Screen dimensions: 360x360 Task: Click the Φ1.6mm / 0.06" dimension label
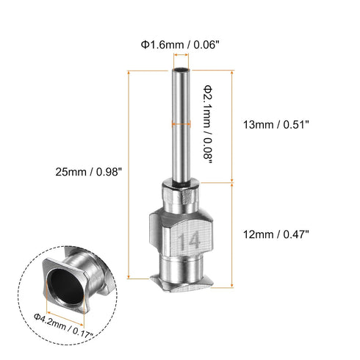(x=179, y=43)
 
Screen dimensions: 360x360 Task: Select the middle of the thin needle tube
(x=180, y=132)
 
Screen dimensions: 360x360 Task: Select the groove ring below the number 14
(x=180, y=261)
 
